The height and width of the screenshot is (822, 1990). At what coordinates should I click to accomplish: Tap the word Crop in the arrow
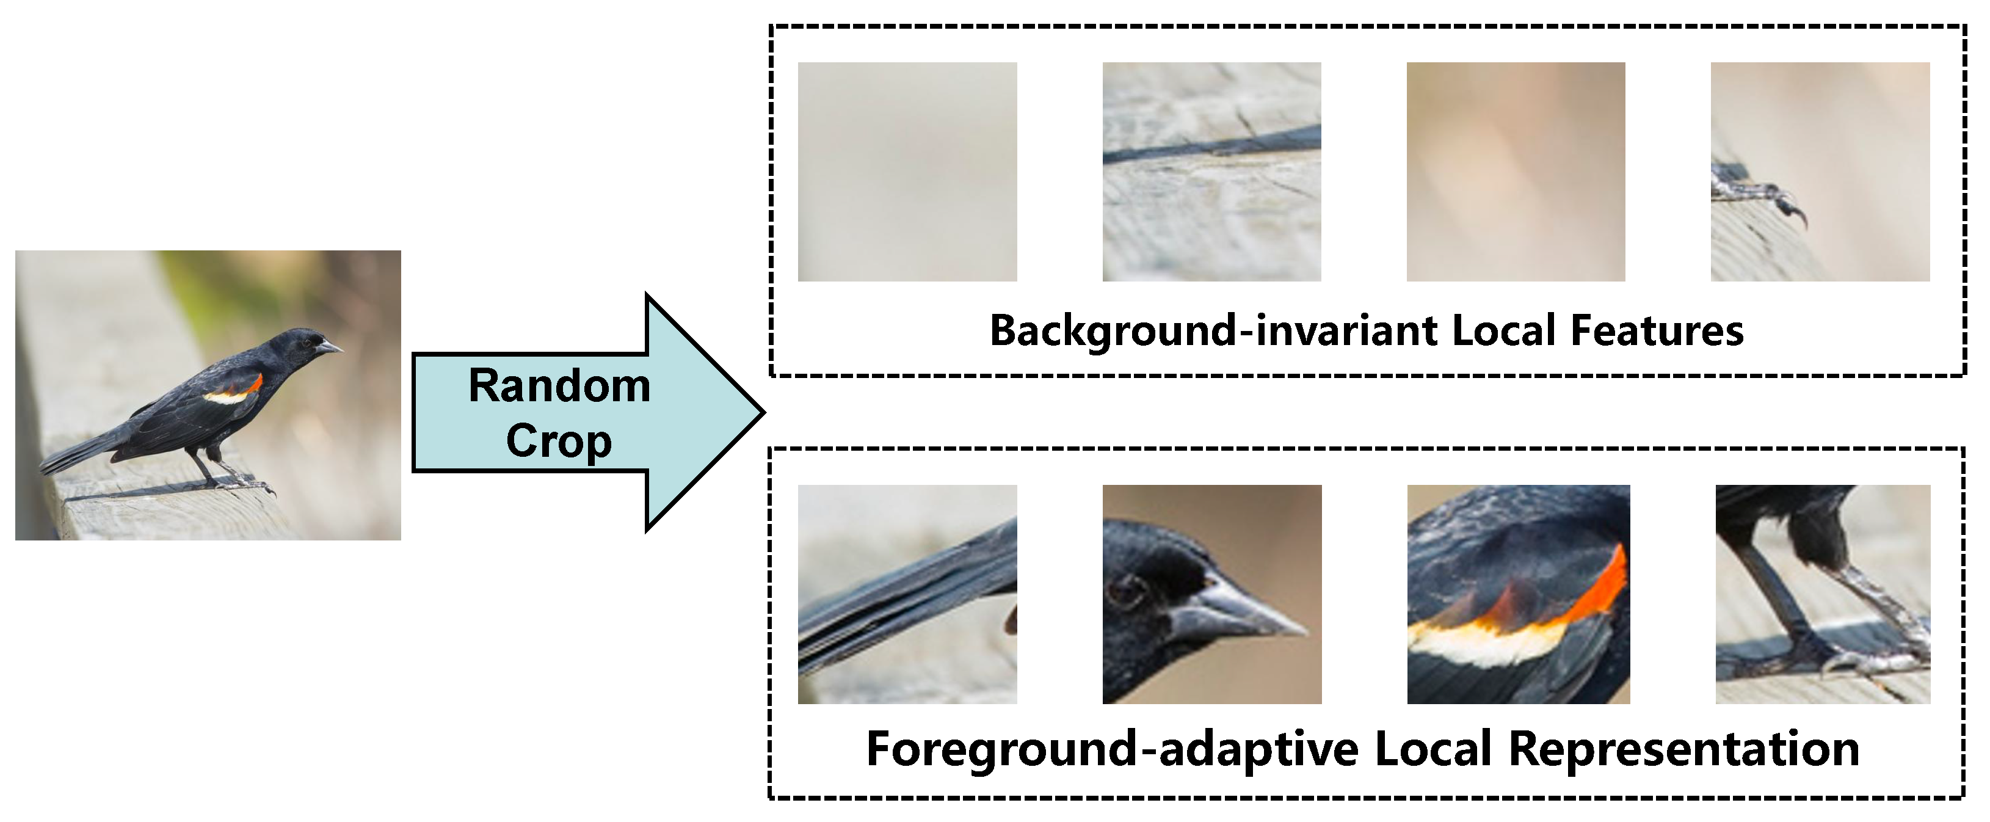point(559,441)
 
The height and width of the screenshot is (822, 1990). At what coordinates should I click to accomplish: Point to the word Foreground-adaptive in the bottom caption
point(1113,749)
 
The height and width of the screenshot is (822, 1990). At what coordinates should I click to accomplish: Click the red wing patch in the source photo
point(255,382)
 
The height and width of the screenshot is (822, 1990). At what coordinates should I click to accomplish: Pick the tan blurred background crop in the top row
point(1515,172)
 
